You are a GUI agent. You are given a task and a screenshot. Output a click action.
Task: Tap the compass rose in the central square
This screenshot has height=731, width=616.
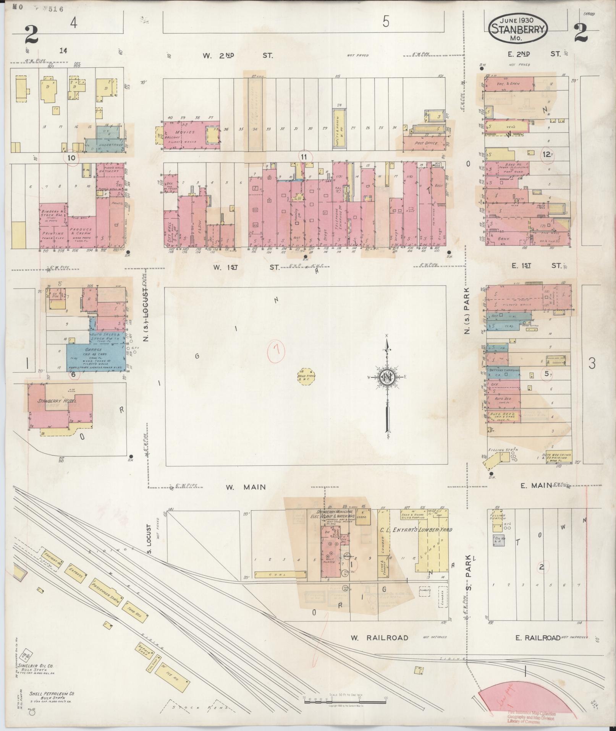(388, 378)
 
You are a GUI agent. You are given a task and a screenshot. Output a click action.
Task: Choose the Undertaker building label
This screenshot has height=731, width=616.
(109, 146)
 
